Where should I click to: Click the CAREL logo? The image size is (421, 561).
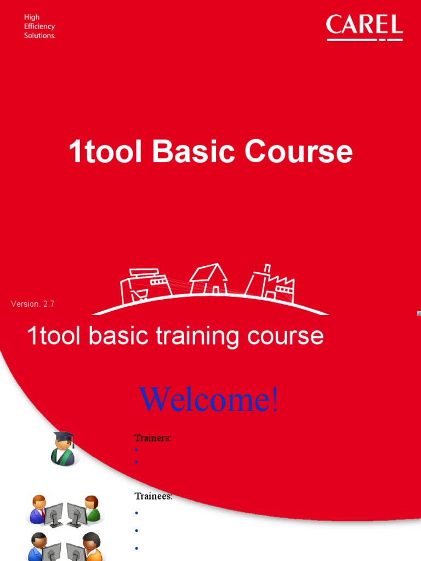tap(364, 27)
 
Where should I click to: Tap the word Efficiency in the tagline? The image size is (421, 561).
tap(39, 26)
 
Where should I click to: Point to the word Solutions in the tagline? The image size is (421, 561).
tap(39, 36)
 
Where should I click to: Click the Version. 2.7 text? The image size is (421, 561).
tap(33, 304)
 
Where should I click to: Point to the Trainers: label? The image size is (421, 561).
tap(152, 438)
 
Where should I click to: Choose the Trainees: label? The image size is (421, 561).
tap(153, 496)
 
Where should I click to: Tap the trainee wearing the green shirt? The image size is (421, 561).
tap(92, 510)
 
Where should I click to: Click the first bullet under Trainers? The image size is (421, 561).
tap(136, 450)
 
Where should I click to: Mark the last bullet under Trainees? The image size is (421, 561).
tap(136, 548)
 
